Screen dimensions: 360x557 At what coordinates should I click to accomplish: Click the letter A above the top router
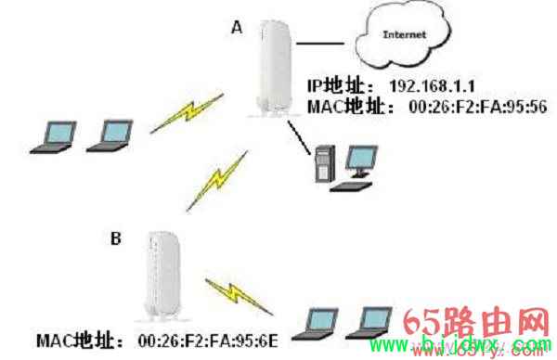tap(238, 29)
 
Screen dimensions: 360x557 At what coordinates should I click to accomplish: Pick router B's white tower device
tap(162, 274)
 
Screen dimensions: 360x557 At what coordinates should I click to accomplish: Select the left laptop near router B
tap(315, 322)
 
